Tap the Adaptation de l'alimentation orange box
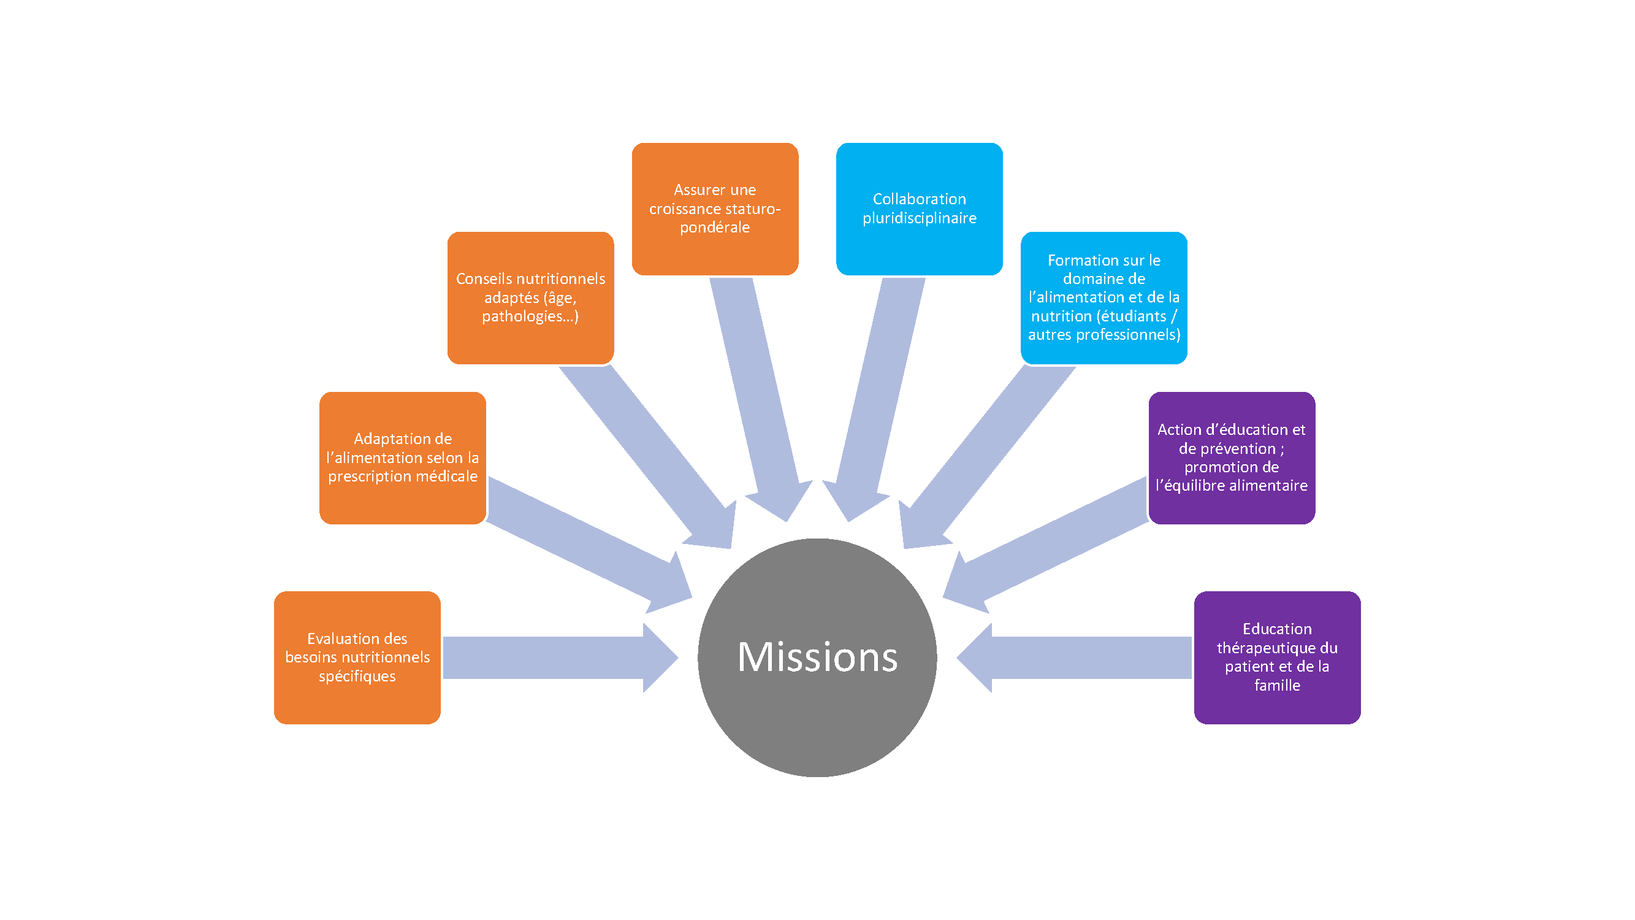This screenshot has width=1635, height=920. point(402,457)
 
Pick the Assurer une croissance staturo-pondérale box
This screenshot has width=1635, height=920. point(715,209)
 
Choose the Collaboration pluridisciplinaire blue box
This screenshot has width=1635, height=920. point(919,209)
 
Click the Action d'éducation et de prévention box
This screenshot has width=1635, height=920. point(1232,457)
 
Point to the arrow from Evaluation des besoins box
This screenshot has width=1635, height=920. point(552,657)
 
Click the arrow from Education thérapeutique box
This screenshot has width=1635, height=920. point(1079,657)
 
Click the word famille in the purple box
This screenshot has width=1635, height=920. point(1277,685)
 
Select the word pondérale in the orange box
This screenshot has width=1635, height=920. point(715,228)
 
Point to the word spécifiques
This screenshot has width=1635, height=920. point(357,676)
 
